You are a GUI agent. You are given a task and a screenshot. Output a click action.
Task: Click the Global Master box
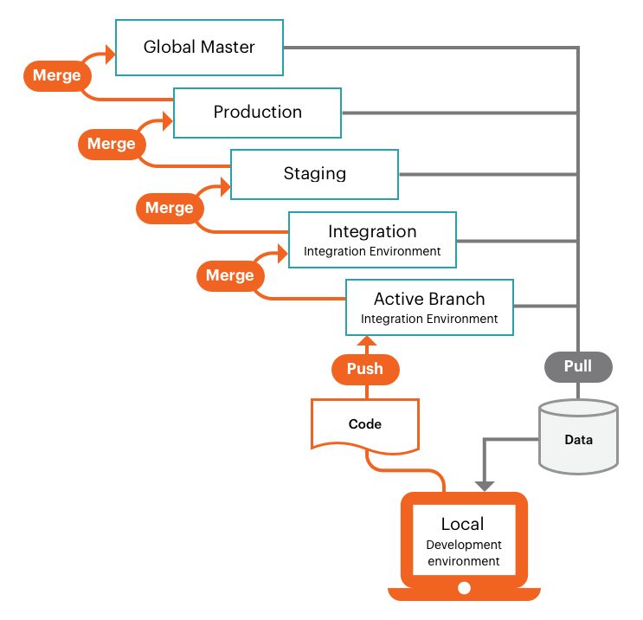click(200, 47)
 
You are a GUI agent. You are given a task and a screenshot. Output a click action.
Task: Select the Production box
click(257, 113)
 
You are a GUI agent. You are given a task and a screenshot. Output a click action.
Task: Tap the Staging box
click(314, 174)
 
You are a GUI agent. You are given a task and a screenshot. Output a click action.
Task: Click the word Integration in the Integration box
click(372, 232)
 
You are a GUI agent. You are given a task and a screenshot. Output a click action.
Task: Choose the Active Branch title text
click(429, 299)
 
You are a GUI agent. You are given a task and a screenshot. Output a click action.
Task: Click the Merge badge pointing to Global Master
click(57, 75)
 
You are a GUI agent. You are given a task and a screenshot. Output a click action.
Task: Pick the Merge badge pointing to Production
click(112, 144)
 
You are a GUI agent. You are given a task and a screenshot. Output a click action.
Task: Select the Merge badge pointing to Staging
click(170, 208)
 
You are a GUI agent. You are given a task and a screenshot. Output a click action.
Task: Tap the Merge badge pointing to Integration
click(230, 275)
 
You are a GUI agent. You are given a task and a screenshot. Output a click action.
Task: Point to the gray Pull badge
click(578, 366)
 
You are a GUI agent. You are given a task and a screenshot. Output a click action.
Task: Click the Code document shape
click(365, 424)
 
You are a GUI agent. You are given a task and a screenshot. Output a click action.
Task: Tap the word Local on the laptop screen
click(463, 524)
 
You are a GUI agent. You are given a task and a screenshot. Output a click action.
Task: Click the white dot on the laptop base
click(464, 589)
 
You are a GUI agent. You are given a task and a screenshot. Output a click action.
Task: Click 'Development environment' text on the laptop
click(463, 553)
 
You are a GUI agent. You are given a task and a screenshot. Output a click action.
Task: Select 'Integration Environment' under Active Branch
click(429, 319)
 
